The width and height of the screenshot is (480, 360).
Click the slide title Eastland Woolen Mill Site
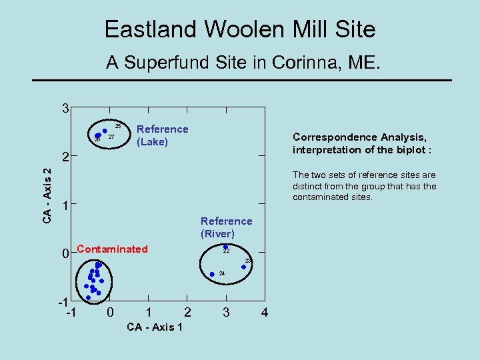[240, 29]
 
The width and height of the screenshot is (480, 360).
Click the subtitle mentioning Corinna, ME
[243, 63]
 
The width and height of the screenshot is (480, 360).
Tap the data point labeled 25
[105, 131]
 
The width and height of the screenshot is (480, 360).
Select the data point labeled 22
[225, 247]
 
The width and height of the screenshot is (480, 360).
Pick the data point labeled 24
[212, 274]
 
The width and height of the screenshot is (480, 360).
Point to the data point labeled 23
[243, 267]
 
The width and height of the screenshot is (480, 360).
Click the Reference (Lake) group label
[162, 135]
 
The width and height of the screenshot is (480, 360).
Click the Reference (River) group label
[226, 227]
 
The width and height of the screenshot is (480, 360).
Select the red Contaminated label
[112, 249]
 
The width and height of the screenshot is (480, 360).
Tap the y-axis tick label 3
[64, 108]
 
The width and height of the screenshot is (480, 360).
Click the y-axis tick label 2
[65, 159]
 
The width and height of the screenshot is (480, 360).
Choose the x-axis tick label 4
[265, 312]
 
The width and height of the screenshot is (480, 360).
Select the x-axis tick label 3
[226, 312]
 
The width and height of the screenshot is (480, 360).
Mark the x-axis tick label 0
[110, 312]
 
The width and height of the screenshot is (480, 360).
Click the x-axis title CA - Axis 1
[155, 327]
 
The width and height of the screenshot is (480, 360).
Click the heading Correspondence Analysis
[359, 137]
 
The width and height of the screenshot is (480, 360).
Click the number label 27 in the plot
[111, 137]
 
